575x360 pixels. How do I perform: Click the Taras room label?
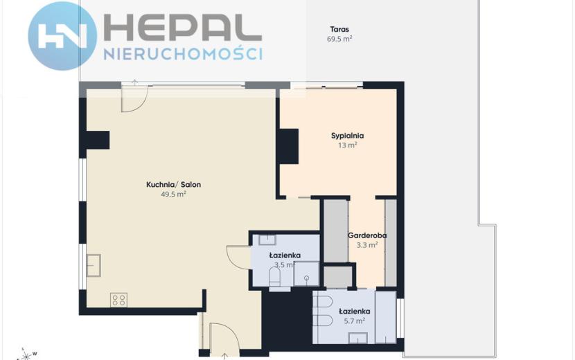(339, 29)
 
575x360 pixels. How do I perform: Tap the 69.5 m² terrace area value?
(339, 39)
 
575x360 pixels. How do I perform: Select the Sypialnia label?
(347, 136)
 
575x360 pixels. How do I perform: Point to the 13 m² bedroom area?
(347, 145)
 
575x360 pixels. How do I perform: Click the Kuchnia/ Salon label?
(173, 184)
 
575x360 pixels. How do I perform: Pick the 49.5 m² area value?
(173, 194)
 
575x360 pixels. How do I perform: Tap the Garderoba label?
(367, 235)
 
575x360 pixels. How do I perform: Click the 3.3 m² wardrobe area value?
(367, 244)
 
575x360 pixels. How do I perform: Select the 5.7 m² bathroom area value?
(354, 321)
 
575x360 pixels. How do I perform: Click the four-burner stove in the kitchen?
(118, 300)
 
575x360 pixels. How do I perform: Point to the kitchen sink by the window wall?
(94, 265)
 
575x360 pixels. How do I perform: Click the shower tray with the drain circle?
(306, 273)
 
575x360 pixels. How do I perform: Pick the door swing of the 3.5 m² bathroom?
(238, 258)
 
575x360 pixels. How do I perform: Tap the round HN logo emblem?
(62, 36)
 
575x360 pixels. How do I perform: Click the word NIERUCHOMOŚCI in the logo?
(183, 54)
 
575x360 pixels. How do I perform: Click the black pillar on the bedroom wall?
(289, 146)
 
